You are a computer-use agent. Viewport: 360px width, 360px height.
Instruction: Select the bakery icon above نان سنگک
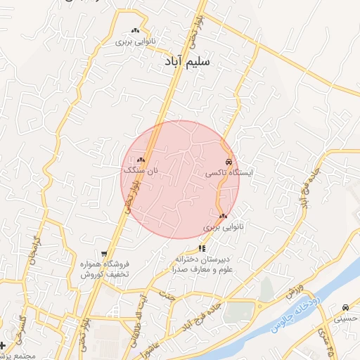141,160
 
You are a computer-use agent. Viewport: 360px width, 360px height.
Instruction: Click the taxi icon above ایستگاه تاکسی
229,162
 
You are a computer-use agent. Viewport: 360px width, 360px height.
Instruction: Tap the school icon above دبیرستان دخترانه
202,247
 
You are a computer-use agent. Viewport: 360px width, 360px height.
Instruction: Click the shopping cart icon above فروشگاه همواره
104,254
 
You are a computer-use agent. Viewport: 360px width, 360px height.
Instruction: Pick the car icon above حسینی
345,308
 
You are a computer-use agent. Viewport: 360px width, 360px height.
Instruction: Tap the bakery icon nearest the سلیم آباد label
135,31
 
